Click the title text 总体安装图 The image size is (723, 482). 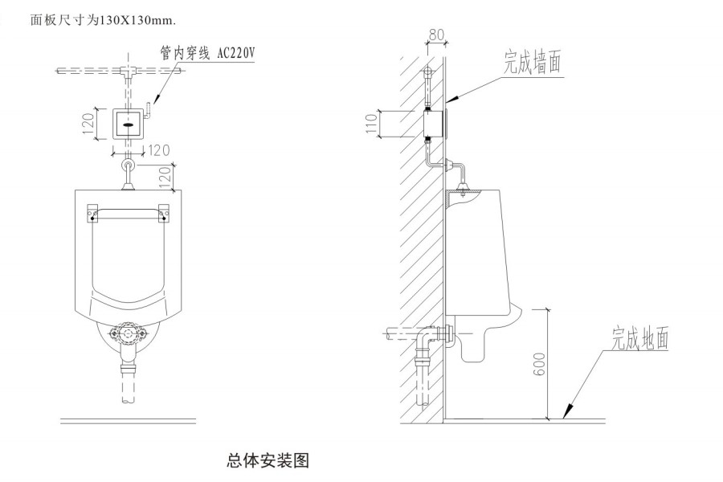[x=268, y=460]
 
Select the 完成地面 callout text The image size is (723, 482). [x=639, y=337]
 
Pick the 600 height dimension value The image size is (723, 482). [x=538, y=362]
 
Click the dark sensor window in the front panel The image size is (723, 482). [x=128, y=124]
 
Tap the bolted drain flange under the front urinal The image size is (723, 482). [x=127, y=333]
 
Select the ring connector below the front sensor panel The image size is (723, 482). [x=127, y=165]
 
